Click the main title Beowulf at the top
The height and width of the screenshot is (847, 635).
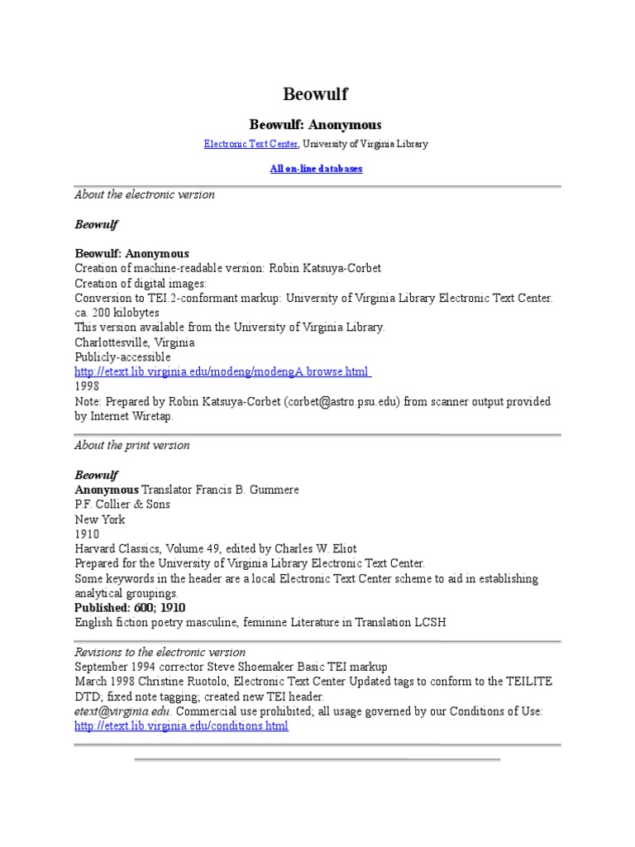click(316, 94)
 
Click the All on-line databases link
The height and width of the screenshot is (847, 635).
click(316, 169)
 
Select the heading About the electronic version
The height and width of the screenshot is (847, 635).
click(145, 194)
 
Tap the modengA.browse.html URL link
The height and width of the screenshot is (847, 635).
click(222, 372)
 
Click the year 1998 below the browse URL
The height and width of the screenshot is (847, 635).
click(87, 386)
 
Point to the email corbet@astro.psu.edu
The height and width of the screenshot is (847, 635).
click(354, 401)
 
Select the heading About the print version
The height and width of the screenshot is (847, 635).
click(132, 445)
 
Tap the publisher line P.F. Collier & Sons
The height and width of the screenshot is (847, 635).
click(122, 505)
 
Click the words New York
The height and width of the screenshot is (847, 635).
click(100, 519)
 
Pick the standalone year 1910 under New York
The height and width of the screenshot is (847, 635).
click(87, 534)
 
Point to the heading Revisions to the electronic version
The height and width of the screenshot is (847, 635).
click(160, 652)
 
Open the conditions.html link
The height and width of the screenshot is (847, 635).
click(182, 726)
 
